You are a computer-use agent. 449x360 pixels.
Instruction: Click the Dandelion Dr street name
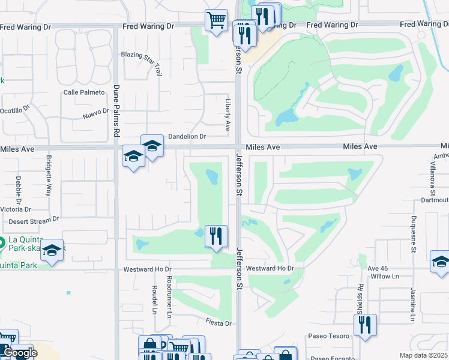[x=187, y=137]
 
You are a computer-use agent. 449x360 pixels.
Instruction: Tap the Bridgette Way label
[x=49, y=176]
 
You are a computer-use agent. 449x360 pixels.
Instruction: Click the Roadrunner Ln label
[x=170, y=296]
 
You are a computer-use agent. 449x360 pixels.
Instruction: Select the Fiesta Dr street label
[x=219, y=323]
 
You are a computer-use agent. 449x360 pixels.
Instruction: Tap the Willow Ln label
[x=385, y=276]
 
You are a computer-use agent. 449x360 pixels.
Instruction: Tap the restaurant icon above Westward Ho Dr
[x=216, y=235]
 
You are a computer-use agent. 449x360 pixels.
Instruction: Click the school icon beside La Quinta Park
[x=52, y=251]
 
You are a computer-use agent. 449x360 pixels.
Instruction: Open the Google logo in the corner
[x=19, y=353]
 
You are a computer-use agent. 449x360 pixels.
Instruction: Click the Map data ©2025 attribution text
[x=423, y=355]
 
